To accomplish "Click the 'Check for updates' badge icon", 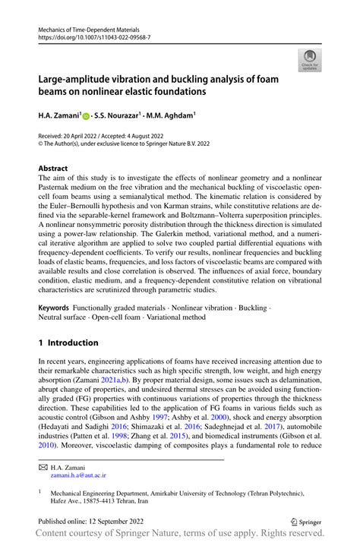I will coord(308,59).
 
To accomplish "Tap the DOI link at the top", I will coord(93,36).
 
